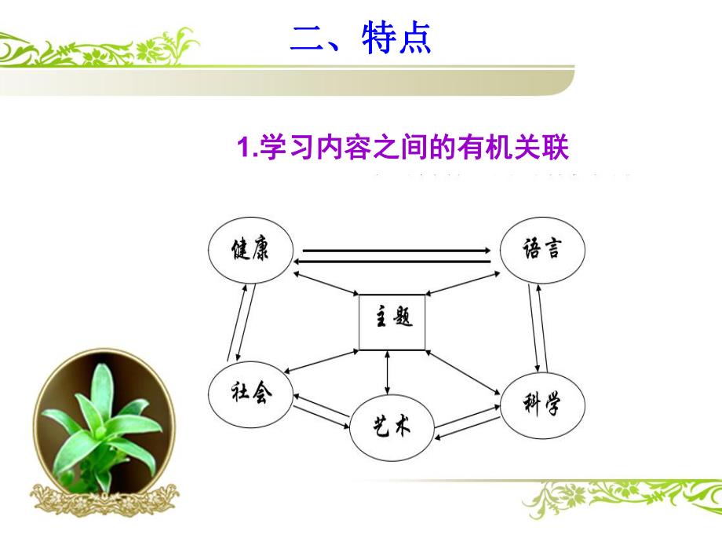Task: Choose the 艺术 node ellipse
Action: pyautogui.click(x=391, y=428)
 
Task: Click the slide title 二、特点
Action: pyautogui.click(x=360, y=38)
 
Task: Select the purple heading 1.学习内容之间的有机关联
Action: pyautogui.click(x=402, y=148)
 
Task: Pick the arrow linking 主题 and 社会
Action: pyautogui.click(x=323, y=361)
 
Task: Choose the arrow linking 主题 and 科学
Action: pyautogui.click(x=462, y=369)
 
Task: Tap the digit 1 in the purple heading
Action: pyautogui.click(x=242, y=148)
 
